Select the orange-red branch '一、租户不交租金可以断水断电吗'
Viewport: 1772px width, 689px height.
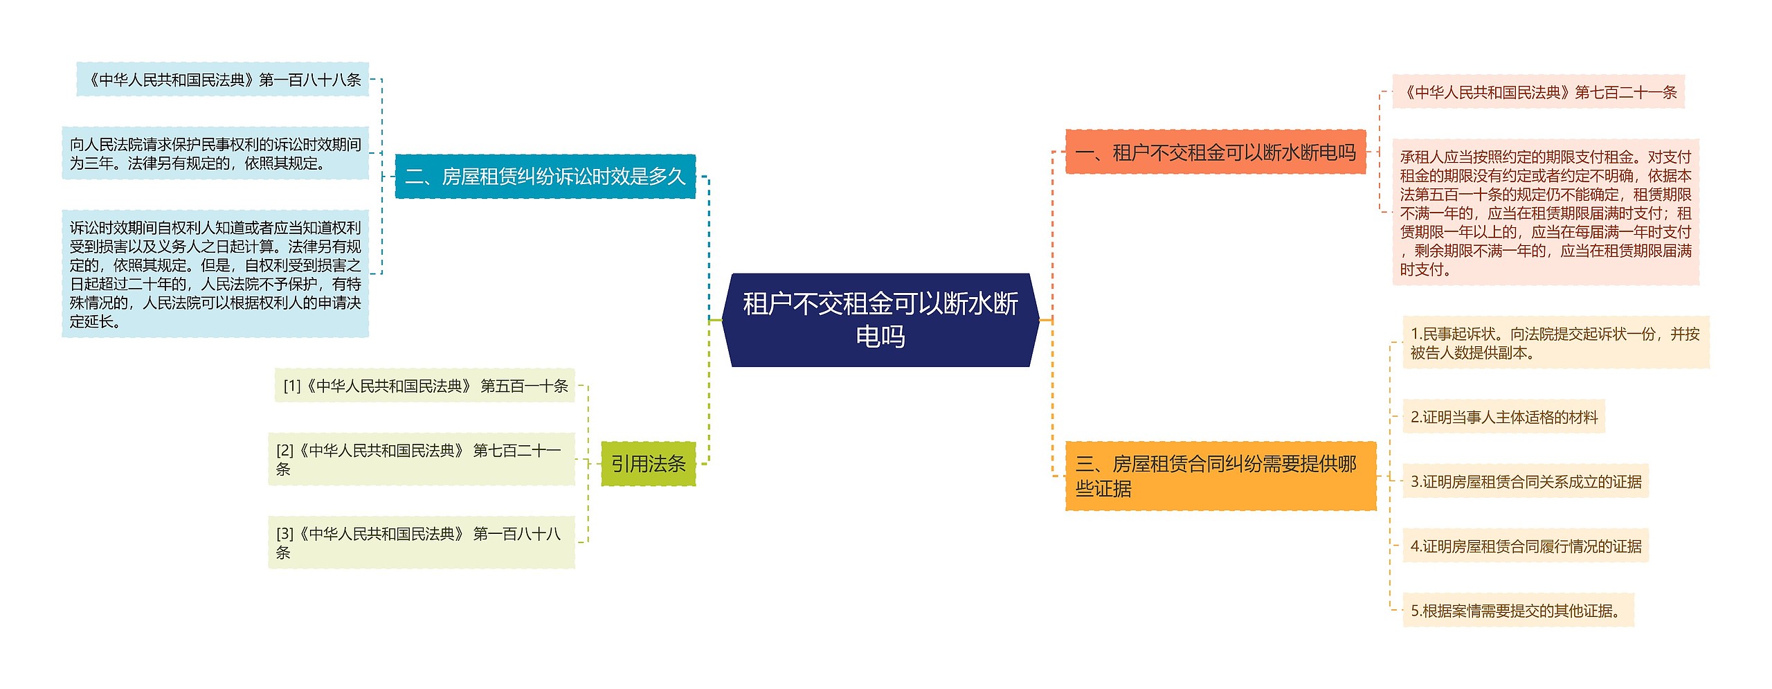[1215, 152]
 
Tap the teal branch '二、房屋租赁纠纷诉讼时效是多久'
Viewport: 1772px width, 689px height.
[545, 177]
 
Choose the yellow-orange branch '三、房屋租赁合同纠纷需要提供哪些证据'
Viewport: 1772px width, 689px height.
[1220, 476]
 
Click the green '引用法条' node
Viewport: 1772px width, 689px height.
[648, 463]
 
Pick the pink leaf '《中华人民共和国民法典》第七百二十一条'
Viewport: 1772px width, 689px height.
[1537, 92]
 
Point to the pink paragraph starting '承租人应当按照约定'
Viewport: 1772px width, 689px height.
[1545, 213]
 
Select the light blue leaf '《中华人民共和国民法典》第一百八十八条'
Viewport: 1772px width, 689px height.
[222, 80]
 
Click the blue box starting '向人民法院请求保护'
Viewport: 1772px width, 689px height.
[215, 153]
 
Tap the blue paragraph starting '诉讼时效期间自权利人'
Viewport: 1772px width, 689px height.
[215, 274]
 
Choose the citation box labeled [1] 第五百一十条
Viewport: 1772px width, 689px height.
[425, 386]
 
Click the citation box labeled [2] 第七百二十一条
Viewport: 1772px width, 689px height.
[421, 459]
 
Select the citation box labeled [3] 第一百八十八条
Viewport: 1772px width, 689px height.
[421, 542]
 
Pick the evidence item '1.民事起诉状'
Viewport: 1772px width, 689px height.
[1555, 343]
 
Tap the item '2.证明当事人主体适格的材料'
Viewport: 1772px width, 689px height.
[1503, 417]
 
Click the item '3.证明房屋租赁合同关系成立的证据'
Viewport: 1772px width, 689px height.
[1525, 481]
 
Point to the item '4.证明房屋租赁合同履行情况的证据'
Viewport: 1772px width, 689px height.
[1525, 546]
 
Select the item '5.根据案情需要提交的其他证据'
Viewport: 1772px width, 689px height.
[1517, 611]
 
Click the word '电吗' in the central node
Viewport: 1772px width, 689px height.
[880, 337]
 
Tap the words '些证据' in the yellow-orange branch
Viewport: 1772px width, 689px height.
[1103, 489]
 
